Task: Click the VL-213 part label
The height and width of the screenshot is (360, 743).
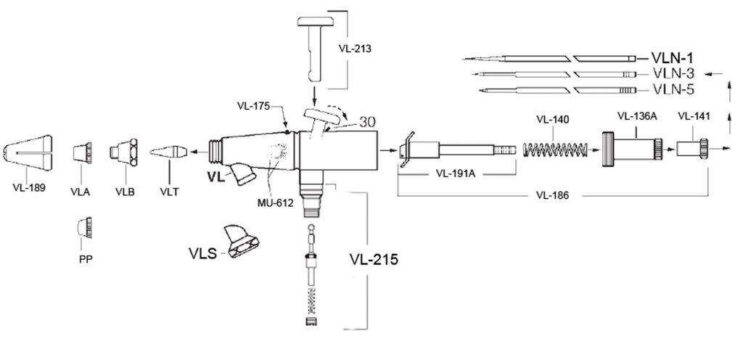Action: pos(356,49)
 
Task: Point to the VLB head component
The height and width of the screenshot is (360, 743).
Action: pos(123,152)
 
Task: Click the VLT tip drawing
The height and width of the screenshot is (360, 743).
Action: pos(168,152)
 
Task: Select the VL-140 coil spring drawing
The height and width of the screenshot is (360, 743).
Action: pos(554,151)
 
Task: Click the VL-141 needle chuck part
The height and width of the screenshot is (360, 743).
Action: pos(692,150)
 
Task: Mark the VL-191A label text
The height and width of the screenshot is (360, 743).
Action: pos(456,174)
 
